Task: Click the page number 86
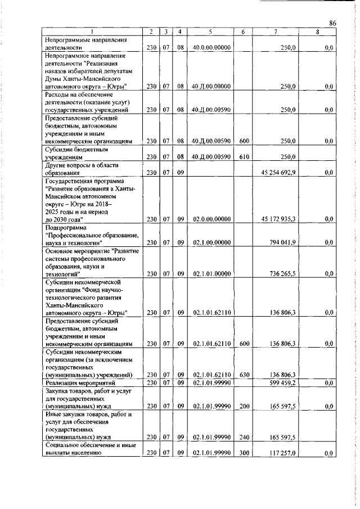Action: [x=332, y=23]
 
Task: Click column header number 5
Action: [x=210, y=32]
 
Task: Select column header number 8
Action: [x=317, y=32]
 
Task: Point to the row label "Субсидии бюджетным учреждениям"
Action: [x=76, y=154]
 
